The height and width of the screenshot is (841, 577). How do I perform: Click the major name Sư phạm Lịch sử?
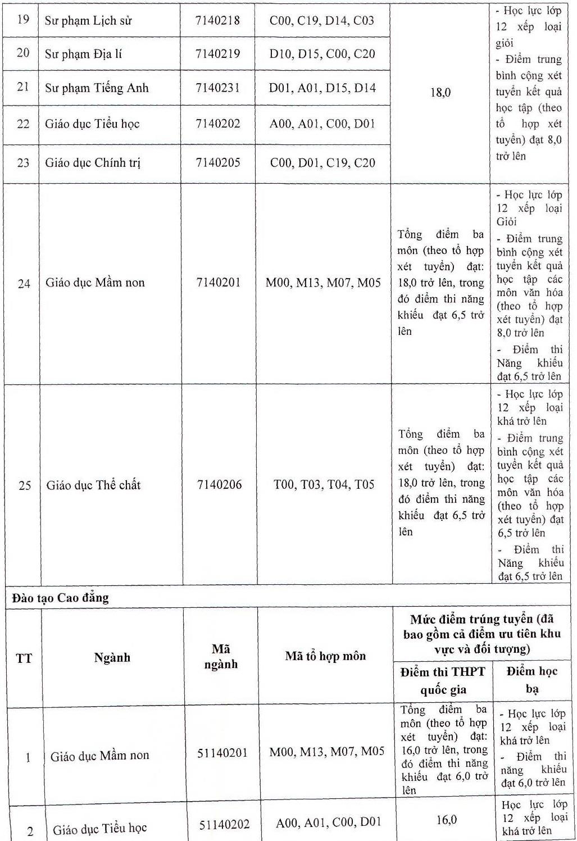pyautogui.click(x=88, y=21)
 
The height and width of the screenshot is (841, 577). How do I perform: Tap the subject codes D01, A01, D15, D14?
pyautogui.click(x=322, y=88)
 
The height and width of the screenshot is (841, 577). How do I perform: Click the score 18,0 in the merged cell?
pyautogui.click(x=440, y=93)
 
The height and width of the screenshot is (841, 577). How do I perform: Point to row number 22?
pyautogui.click(x=23, y=124)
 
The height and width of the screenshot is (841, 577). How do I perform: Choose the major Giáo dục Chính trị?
pyautogui.click(x=93, y=163)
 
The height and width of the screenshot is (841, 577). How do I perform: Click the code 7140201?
pyautogui.click(x=219, y=282)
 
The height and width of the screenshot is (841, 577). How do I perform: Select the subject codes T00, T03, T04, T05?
pyautogui.click(x=324, y=484)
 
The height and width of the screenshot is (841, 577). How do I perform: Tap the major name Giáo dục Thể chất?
pyautogui.click(x=93, y=485)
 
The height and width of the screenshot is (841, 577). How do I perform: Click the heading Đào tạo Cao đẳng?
pyautogui.click(x=60, y=598)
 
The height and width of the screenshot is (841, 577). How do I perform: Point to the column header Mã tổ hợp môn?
pyautogui.click(x=325, y=656)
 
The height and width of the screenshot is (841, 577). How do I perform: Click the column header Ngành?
pyautogui.click(x=112, y=657)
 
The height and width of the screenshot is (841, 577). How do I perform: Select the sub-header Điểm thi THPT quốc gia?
pyautogui.click(x=443, y=681)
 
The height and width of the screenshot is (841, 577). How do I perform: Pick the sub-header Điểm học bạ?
pyautogui.click(x=531, y=680)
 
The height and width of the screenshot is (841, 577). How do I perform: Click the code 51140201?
pyautogui.click(x=222, y=753)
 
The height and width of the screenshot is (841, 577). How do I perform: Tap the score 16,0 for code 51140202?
pyautogui.click(x=446, y=820)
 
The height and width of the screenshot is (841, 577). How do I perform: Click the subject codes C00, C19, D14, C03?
pyautogui.click(x=322, y=21)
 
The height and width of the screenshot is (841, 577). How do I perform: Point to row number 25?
pyautogui.click(x=25, y=485)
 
